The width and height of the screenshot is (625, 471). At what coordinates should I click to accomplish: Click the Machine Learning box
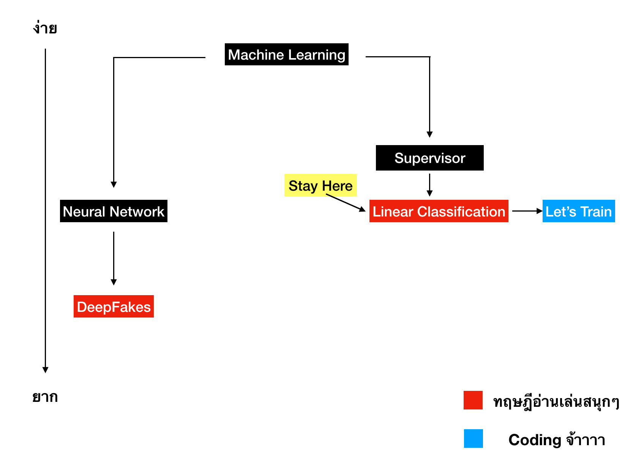click(x=286, y=54)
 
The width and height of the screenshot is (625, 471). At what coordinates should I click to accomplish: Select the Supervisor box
click(x=429, y=158)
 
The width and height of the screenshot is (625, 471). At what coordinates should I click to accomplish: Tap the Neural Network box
click(x=114, y=211)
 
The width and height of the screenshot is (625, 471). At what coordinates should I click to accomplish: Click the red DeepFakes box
click(x=114, y=307)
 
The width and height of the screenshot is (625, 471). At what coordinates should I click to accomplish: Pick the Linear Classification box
click(x=439, y=211)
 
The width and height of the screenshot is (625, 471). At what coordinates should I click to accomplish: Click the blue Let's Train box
click(x=578, y=211)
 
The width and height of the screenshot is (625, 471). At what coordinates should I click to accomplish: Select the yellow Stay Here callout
click(x=320, y=185)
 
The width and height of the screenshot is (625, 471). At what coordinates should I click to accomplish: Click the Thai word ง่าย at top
click(x=45, y=28)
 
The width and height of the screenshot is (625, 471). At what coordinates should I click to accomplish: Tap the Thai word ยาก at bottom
click(x=45, y=397)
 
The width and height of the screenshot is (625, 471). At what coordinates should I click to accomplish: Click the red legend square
click(x=473, y=400)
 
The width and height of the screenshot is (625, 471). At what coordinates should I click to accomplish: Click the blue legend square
click(x=473, y=438)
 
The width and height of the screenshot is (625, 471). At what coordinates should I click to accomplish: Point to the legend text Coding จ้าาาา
click(x=556, y=440)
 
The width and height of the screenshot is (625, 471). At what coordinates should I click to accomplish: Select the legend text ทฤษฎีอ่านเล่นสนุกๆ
click(x=556, y=401)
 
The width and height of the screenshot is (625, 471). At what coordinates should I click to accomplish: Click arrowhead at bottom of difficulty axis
click(x=45, y=370)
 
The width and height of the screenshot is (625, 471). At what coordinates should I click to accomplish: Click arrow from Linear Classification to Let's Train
click(x=527, y=211)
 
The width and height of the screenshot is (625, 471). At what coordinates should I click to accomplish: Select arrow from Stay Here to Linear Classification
click(x=346, y=203)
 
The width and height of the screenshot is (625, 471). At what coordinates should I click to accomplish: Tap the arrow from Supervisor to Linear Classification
click(x=429, y=185)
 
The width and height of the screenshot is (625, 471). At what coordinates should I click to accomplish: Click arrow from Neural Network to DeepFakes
click(x=114, y=258)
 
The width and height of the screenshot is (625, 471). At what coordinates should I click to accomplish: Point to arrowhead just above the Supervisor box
click(x=429, y=134)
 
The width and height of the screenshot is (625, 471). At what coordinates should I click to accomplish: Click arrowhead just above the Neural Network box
click(x=114, y=185)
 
